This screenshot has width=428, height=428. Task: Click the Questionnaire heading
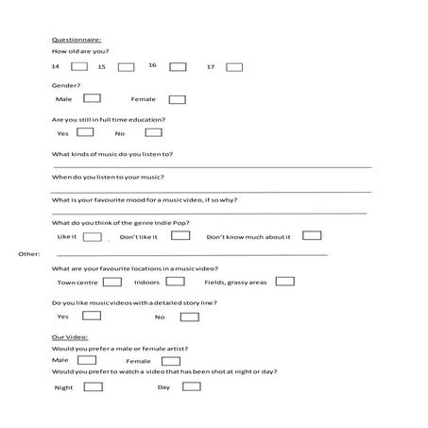(x=77, y=40)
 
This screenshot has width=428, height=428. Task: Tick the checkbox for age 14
(x=79, y=66)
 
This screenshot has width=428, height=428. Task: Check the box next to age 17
(x=234, y=67)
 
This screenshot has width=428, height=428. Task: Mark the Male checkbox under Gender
(x=93, y=98)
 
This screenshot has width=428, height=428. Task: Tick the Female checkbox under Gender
(x=177, y=98)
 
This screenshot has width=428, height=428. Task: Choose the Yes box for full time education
(x=86, y=132)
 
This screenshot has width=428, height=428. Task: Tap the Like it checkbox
(x=93, y=235)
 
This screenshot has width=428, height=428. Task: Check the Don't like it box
(x=180, y=235)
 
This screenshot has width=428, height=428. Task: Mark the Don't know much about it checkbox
(x=312, y=235)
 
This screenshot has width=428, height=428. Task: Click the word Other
(x=28, y=254)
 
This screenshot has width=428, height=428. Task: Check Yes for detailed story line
(x=86, y=316)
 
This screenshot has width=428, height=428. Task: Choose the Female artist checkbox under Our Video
(x=171, y=360)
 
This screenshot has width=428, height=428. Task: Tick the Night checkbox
(x=93, y=386)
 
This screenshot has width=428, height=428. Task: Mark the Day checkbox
(x=191, y=386)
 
